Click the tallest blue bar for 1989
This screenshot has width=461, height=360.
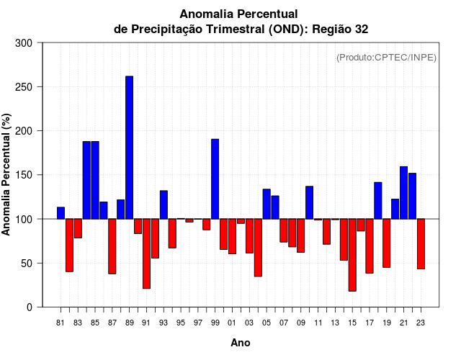pyautogui.click(x=130, y=148)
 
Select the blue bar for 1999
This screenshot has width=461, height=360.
pyautogui.click(x=215, y=179)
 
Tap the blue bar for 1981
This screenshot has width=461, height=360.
pyautogui.click(x=61, y=213)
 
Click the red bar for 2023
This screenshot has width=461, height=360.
pyautogui.click(x=421, y=244)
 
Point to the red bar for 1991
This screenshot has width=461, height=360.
pyautogui.click(x=146, y=253)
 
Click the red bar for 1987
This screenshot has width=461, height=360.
pyautogui.click(x=112, y=246)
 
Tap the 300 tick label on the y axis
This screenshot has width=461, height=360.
pyautogui.click(x=24, y=43)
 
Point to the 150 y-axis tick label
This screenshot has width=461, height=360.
pyautogui.click(x=24, y=175)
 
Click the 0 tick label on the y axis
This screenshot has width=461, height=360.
pyautogui.click(x=30, y=307)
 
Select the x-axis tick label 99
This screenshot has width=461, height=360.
pyautogui.click(x=215, y=323)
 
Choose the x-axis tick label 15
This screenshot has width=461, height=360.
pyautogui.click(x=352, y=323)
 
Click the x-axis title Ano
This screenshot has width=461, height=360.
pyautogui.click(x=241, y=343)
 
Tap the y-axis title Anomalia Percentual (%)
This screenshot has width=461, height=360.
pyautogui.click(x=7, y=175)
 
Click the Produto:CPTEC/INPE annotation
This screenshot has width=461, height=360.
pyautogui.click(x=386, y=57)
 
